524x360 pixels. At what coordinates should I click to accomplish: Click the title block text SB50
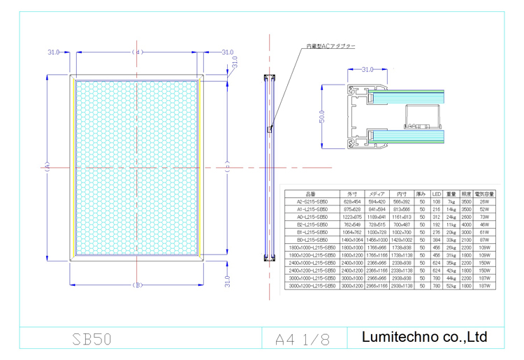click(92, 339)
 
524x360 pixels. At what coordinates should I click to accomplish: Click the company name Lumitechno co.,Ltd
click(424, 337)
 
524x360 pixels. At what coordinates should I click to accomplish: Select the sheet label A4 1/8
click(302, 339)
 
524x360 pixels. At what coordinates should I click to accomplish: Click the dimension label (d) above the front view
click(137, 52)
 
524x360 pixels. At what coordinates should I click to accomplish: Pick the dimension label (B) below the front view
click(137, 285)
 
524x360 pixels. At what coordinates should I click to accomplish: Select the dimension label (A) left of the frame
click(47, 167)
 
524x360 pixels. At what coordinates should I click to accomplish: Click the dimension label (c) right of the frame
click(228, 167)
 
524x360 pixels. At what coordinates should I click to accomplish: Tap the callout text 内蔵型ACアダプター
click(330, 46)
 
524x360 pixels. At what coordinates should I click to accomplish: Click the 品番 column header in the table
click(310, 193)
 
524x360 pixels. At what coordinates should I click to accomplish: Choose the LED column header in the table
click(436, 193)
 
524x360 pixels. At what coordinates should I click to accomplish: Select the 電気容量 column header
click(484, 193)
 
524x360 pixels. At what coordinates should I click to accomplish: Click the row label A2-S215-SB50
click(310, 201)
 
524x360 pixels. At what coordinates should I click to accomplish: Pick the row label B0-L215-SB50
click(310, 240)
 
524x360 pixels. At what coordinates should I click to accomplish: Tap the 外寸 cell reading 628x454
click(351, 201)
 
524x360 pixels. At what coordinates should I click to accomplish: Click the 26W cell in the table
click(484, 201)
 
